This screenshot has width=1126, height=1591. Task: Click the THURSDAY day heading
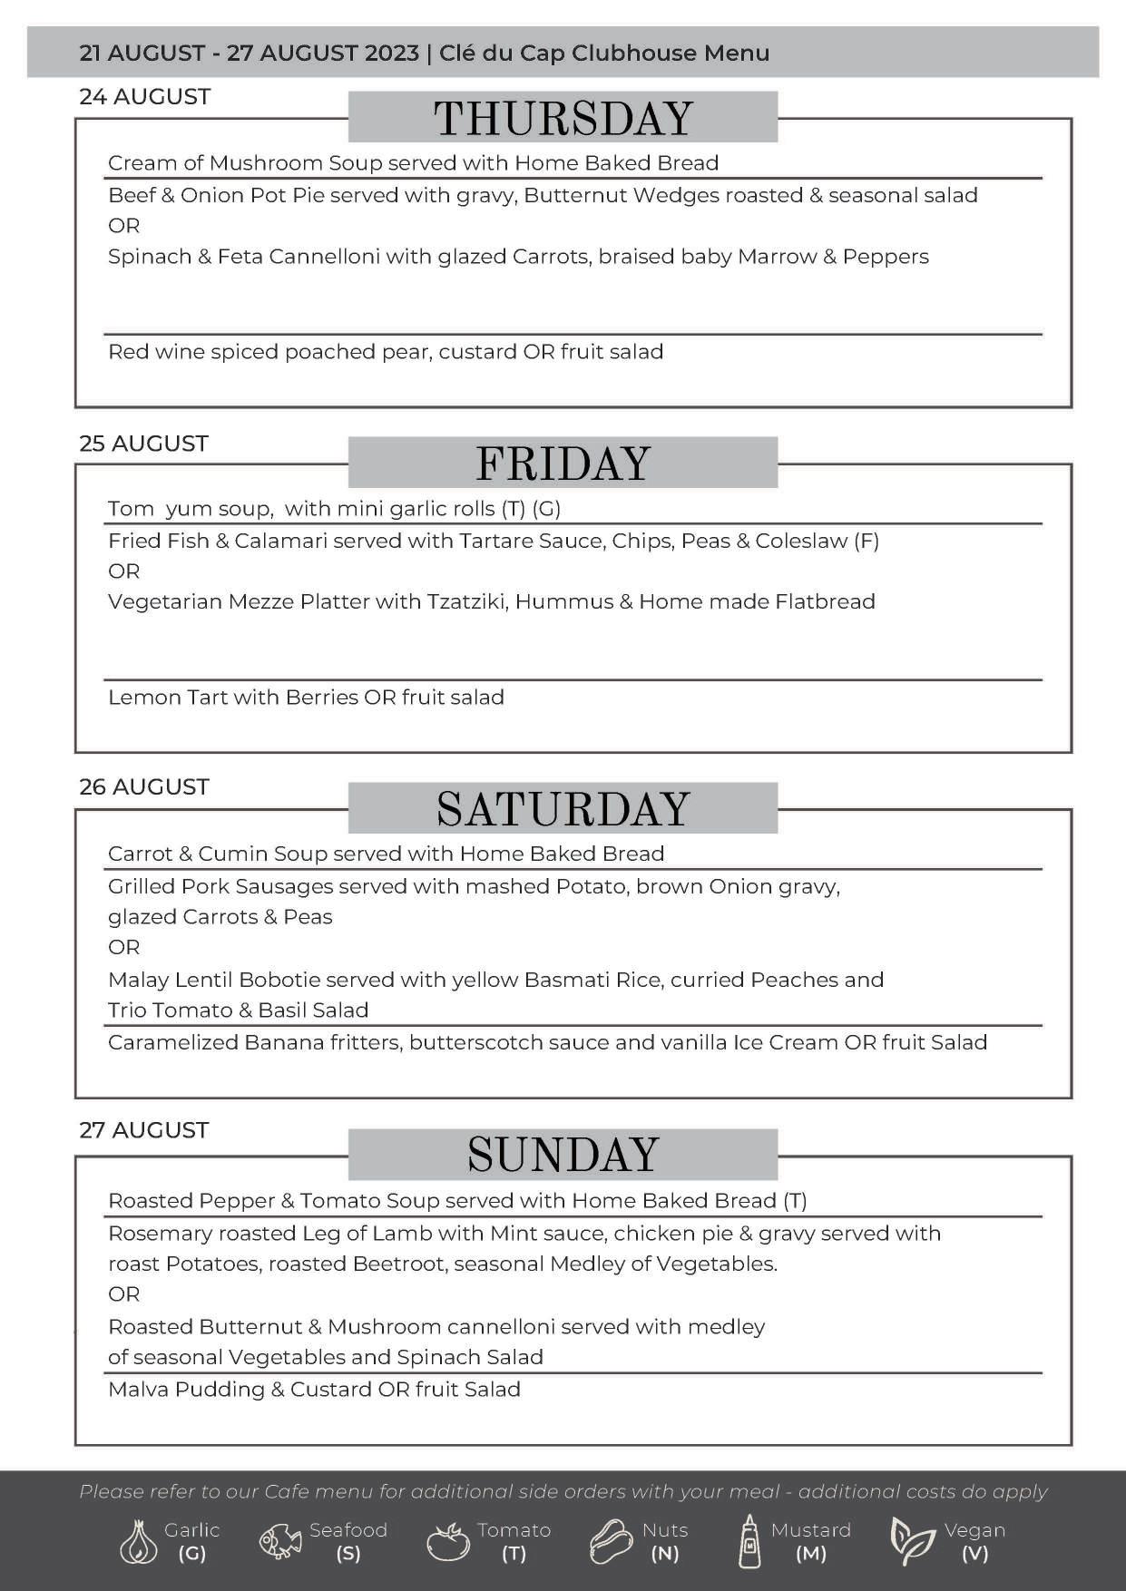[x=563, y=118]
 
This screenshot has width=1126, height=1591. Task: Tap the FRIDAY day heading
[x=563, y=464]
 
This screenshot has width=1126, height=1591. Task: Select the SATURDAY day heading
[x=563, y=809]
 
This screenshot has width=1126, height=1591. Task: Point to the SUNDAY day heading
[x=563, y=1155]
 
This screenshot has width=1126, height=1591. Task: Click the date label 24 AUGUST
[x=144, y=97]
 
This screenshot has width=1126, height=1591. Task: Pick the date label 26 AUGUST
[x=143, y=787]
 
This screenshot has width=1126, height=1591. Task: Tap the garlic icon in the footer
[x=138, y=1542]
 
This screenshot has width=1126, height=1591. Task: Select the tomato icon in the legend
[x=447, y=1542]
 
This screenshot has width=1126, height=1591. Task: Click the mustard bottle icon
[x=749, y=1542]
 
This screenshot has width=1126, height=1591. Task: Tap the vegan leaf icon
[x=911, y=1542]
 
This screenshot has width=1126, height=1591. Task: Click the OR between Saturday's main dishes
[x=124, y=948]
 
